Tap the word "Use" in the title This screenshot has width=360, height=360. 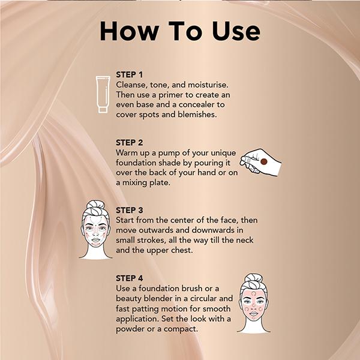point(230,31)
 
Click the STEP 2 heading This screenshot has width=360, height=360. point(131,143)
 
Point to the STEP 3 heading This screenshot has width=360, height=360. point(131,211)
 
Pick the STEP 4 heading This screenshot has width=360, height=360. point(131,279)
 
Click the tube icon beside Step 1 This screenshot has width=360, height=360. point(103,94)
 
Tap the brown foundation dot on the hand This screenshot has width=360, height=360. point(263,161)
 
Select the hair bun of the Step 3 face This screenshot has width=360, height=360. point(96,206)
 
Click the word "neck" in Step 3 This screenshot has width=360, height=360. point(244,240)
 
